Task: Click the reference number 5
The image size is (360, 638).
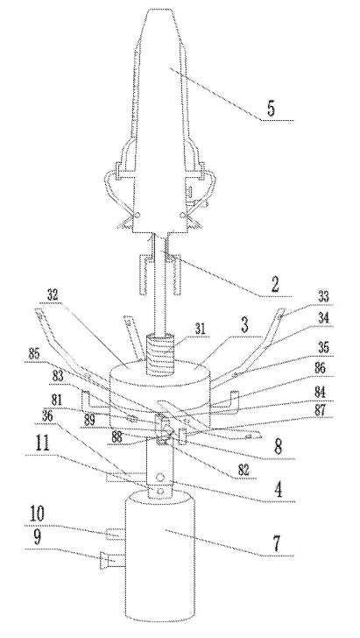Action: pyautogui.click(x=272, y=108)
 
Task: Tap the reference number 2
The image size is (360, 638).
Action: pyautogui.click(x=274, y=285)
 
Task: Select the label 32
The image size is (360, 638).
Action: pyautogui.click(x=52, y=296)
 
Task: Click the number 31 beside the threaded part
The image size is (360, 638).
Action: pyautogui.click(x=201, y=329)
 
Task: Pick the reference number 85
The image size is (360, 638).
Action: pyautogui.click(x=35, y=353)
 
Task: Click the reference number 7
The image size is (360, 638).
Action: pyautogui.click(x=277, y=544)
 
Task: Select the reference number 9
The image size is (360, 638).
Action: pyautogui.click(x=37, y=539)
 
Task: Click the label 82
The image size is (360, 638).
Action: pyautogui.click(x=244, y=471)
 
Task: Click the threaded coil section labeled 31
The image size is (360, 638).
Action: pyautogui.click(x=160, y=350)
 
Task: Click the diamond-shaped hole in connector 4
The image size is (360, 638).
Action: pyautogui.click(x=160, y=477)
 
